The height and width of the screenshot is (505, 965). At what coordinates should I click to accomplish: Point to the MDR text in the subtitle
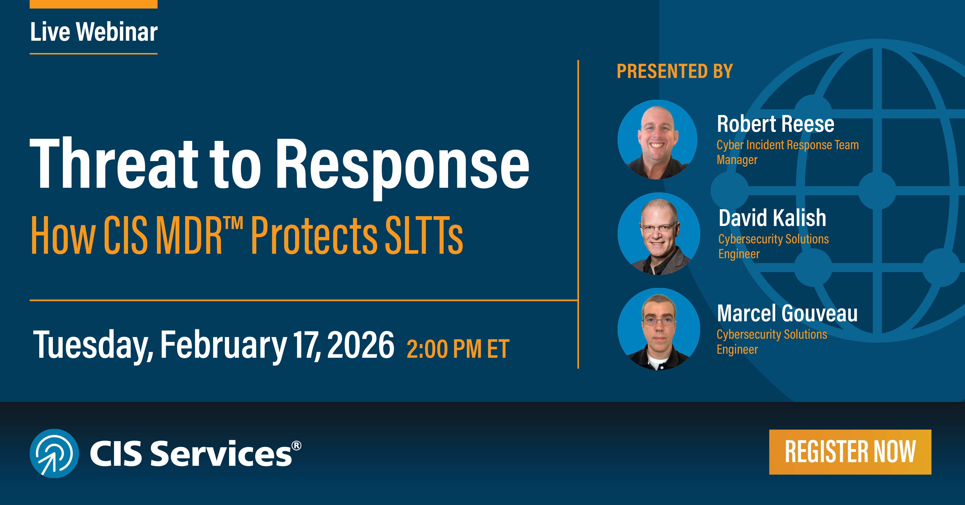(189, 235)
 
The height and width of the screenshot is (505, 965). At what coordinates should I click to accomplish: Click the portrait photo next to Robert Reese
(657, 139)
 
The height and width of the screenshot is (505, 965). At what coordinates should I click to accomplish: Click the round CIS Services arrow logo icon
(54, 453)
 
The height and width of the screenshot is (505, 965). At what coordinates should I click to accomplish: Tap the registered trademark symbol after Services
(296, 445)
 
